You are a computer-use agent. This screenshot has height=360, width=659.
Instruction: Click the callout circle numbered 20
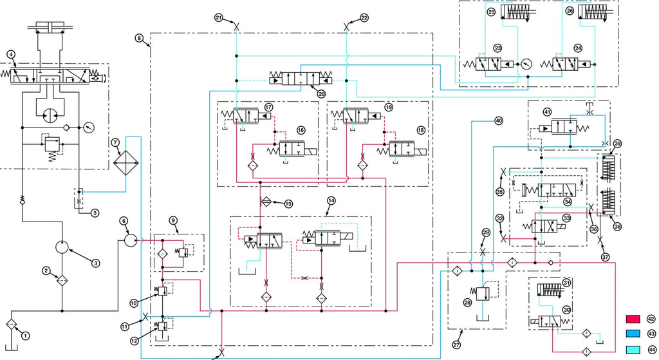[x=322, y=94]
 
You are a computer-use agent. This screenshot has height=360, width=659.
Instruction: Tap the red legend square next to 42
[x=633, y=319]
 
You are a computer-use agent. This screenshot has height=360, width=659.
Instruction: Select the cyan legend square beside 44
[x=633, y=350]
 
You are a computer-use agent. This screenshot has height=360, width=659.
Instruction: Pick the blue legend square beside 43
[x=633, y=334]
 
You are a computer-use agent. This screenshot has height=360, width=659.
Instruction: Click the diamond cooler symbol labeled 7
[x=126, y=162]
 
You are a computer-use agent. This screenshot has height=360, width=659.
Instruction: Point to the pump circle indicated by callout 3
[x=62, y=247]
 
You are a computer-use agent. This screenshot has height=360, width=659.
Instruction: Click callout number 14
[x=331, y=201]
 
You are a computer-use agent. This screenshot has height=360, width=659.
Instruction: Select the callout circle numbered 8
[x=139, y=39]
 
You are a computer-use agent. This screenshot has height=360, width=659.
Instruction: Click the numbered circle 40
[x=499, y=120]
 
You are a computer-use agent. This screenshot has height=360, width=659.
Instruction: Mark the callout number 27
[x=456, y=345]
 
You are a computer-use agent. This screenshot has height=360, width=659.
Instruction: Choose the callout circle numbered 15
[x=288, y=204]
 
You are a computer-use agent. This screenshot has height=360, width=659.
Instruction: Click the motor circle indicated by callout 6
[x=131, y=241]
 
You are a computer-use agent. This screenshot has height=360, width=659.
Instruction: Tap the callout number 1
[x=26, y=336]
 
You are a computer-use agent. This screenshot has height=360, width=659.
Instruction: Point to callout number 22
[x=364, y=17]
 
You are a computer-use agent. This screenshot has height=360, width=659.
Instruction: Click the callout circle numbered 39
[x=617, y=144]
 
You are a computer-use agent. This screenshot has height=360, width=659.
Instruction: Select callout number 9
[x=173, y=220]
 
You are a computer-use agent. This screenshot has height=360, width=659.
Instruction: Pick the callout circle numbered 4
[x=11, y=54]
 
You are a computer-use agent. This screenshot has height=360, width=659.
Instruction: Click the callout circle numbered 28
[x=467, y=303]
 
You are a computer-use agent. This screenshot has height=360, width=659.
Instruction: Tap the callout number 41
[x=547, y=112]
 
